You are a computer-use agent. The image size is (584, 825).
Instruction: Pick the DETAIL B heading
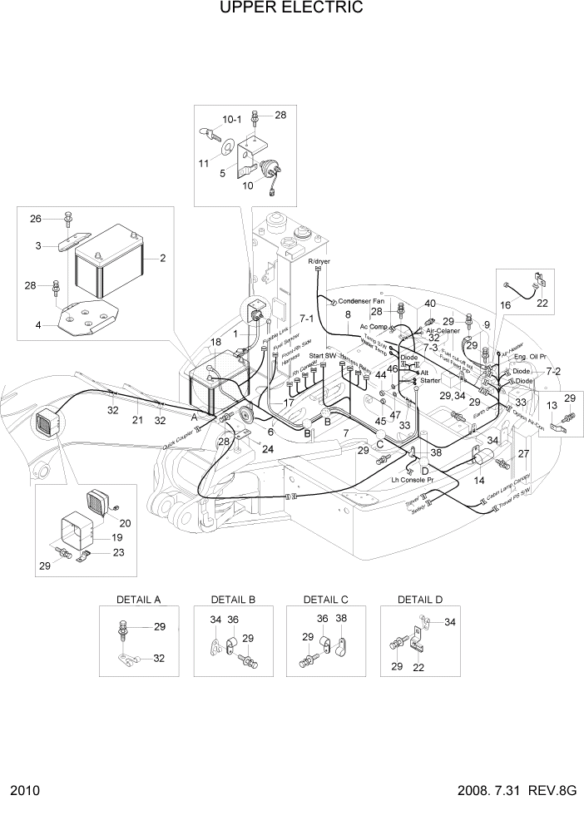(x=233, y=600)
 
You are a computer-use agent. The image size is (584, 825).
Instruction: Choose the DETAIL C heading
(x=325, y=600)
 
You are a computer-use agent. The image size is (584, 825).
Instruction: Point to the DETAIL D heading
(x=420, y=600)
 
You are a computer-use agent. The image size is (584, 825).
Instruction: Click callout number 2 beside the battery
(x=163, y=258)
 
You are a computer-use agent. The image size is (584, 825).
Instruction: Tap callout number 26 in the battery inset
(x=35, y=219)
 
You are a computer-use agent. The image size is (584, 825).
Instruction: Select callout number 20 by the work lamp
(x=126, y=523)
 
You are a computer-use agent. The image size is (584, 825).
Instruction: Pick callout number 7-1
(x=306, y=319)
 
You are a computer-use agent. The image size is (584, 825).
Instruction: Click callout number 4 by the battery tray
(x=38, y=325)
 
